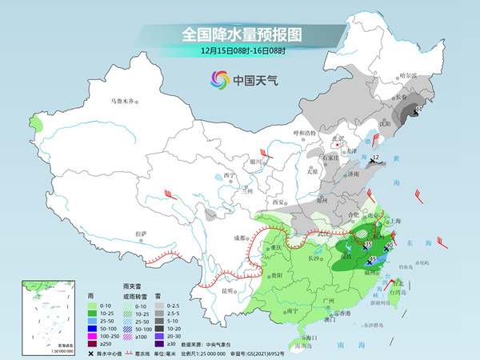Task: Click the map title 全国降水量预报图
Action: coord(239,34)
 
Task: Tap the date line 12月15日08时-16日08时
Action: coord(239,53)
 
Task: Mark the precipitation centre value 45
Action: coord(373,260)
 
